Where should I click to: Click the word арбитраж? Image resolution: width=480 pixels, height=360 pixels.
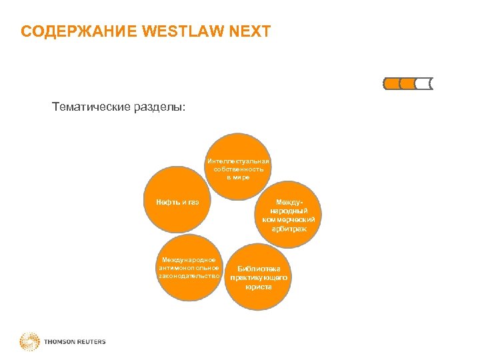click(x=289, y=229)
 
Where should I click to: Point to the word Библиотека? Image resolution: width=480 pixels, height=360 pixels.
click(x=259, y=269)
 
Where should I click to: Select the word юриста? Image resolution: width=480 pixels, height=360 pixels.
click(x=259, y=287)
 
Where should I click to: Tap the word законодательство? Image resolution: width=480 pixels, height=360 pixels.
click(x=189, y=275)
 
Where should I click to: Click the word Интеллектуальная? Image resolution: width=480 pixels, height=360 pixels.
click(x=239, y=161)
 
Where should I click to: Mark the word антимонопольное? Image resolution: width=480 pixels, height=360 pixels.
click(x=189, y=267)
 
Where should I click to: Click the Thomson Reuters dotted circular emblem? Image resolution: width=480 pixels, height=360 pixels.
click(x=30, y=342)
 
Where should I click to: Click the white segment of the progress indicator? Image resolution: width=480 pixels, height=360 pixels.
click(x=423, y=84)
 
